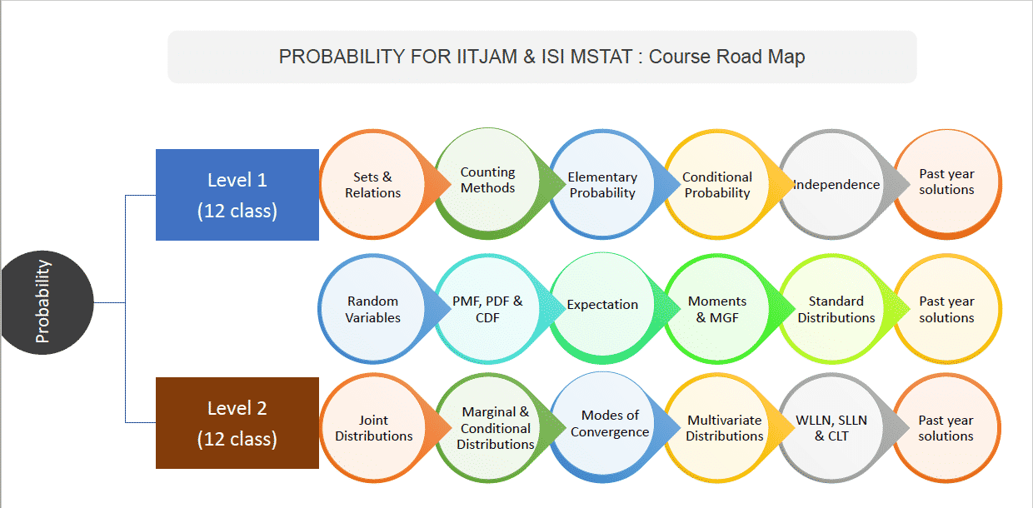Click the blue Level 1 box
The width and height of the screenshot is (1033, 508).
[x=237, y=195]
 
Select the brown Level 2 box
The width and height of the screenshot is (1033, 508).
[x=237, y=423]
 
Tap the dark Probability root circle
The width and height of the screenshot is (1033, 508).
[x=42, y=301]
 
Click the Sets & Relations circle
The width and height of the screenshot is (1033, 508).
[x=373, y=185]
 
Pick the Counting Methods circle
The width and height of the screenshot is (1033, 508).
[x=488, y=181]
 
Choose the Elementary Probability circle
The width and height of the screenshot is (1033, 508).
[x=602, y=185]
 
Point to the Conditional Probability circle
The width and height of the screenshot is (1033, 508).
[x=717, y=185]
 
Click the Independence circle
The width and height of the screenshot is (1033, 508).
[x=833, y=185]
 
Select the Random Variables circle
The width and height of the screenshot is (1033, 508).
[x=373, y=309]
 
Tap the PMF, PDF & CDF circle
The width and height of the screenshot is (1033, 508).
[x=488, y=309]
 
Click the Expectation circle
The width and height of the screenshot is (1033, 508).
[x=602, y=306]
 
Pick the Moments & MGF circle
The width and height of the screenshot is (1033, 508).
[x=717, y=309]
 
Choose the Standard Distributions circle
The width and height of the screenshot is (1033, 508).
[x=836, y=309]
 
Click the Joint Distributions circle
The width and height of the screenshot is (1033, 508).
[x=373, y=428]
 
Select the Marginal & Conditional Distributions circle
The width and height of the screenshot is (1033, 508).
[x=495, y=428]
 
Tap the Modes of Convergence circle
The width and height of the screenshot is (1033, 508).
[x=609, y=424]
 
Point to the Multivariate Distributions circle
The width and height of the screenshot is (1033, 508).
[x=724, y=428]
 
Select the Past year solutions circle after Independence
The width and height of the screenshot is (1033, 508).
[x=946, y=182]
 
